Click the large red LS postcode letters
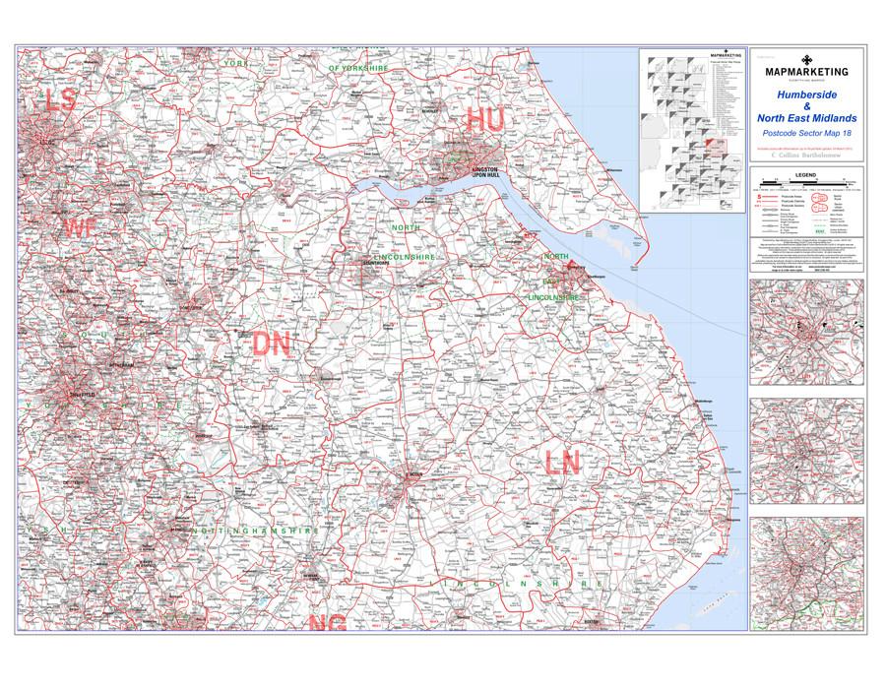click(x=60, y=100)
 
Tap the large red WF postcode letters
click(x=81, y=229)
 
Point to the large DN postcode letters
click(x=273, y=344)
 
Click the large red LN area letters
click(x=567, y=461)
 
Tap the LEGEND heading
click(x=805, y=172)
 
